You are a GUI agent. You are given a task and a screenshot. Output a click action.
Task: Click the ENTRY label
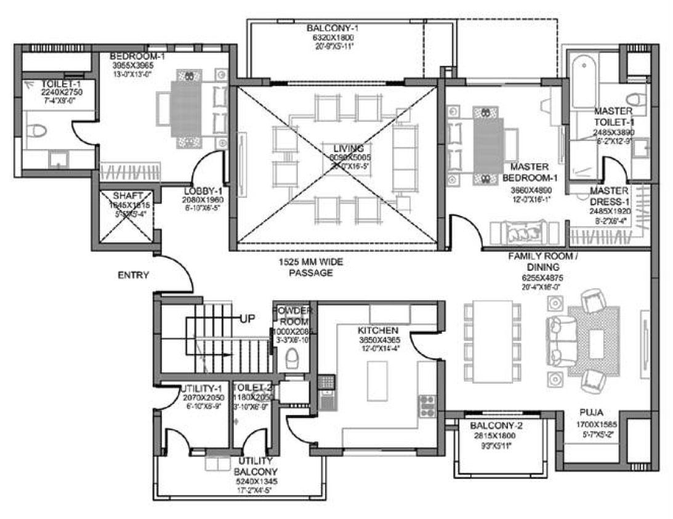pyautogui.click(x=133, y=275)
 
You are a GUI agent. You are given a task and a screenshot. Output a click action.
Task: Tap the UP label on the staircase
pyautogui.click(x=248, y=318)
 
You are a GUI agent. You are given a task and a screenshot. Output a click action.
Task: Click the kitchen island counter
pyautogui.click(x=377, y=381)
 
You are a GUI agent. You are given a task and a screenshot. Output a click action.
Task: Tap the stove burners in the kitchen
pyautogui.click(x=427, y=406)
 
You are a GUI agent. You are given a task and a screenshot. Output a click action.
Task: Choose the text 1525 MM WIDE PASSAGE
pyautogui.click(x=310, y=267)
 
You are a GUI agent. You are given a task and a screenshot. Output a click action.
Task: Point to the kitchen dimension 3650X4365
pyautogui.click(x=378, y=339)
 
